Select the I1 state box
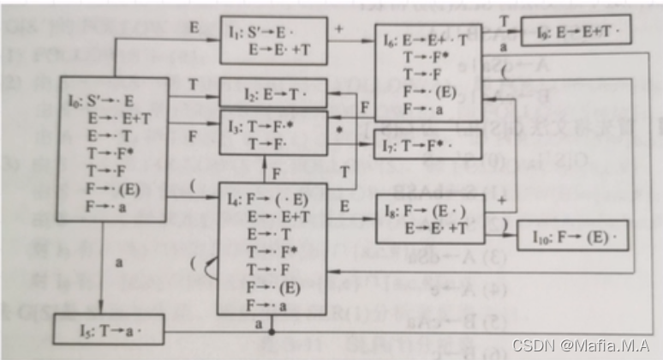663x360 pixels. coord(273,40)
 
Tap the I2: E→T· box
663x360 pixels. coord(273,93)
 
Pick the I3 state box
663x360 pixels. coord(273,132)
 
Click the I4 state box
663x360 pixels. coord(273,249)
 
